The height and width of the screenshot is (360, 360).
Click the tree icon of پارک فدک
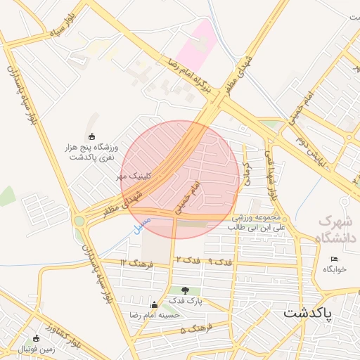pos(186,290)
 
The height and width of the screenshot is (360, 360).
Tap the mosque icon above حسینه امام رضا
pos(154,305)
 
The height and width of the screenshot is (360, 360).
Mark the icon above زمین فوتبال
pos(37,338)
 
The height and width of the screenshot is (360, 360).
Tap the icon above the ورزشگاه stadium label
pos(91,136)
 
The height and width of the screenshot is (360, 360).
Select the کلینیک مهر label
pos(135,178)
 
